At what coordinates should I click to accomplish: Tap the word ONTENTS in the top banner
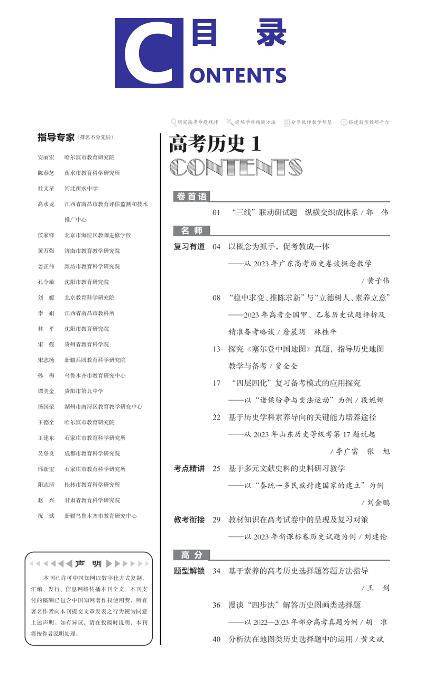238,76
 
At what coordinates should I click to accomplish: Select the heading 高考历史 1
215,143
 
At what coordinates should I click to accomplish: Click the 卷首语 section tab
191,197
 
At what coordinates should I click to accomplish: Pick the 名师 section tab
191,230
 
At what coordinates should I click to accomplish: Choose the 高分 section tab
191,554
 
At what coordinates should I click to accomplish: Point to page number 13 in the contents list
216,349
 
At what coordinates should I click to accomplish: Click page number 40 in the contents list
216,639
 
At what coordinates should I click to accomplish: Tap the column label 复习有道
189,246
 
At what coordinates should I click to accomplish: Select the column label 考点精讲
189,468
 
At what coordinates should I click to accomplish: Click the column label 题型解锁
189,571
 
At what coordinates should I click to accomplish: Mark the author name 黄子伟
378,281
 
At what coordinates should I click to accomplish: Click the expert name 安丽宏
46,157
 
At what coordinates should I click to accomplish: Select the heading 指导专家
56,137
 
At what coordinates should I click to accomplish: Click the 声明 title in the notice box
88,563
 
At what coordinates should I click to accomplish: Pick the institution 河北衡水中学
81,189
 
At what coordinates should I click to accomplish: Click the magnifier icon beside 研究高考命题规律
173,122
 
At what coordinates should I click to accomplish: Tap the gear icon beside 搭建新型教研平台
344,122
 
